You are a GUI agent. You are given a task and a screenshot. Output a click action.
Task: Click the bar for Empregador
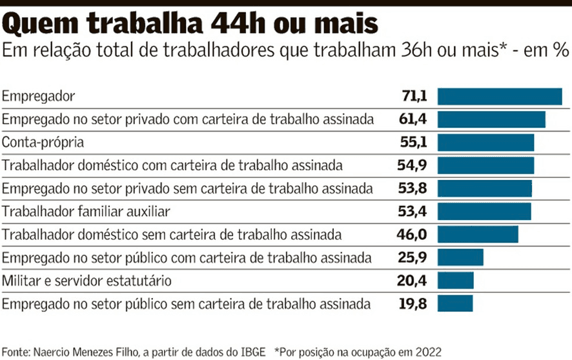pyautogui.click(x=500, y=96)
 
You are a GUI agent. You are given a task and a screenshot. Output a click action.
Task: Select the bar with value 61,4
pyautogui.click(x=491, y=119)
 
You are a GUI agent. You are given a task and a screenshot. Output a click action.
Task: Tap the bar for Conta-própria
pyautogui.click(x=485, y=143)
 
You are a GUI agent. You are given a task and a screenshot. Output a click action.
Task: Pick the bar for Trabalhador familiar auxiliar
pyautogui.click(x=484, y=212)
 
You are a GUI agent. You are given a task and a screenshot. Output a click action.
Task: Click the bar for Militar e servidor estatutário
pyautogui.click(x=455, y=281)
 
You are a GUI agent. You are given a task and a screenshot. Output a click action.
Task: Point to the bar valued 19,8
pyautogui.click(x=455, y=304)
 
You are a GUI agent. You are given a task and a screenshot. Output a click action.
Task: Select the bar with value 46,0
pyautogui.click(x=478, y=235)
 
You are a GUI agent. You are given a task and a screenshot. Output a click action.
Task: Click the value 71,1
pyautogui.click(x=414, y=97)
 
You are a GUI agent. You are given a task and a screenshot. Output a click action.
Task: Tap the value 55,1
pyautogui.click(x=413, y=143)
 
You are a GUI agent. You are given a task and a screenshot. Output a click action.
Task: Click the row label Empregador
pyautogui.click(x=39, y=97)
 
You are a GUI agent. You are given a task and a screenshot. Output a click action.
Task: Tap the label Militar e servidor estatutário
pyautogui.click(x=87, y=281)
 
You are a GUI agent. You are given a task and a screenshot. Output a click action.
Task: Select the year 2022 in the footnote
pyautogui.click(x=429, y=352)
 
